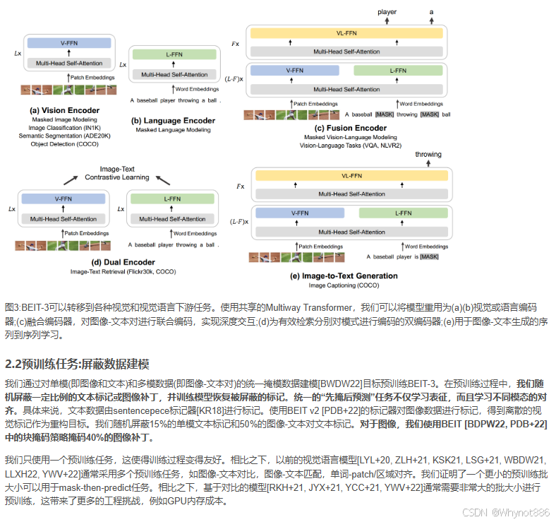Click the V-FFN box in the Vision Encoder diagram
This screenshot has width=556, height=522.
tap(69, 43)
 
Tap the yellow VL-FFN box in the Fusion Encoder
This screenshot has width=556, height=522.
tap(345, 32)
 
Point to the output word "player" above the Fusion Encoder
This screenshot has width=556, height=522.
tap(387, 12)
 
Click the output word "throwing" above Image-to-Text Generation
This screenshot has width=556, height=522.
tap(428, 155)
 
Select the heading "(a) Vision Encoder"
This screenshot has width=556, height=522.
tap(65, 110)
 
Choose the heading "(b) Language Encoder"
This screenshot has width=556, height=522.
tap(174, 121)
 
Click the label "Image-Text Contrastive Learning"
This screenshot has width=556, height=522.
tap(118, 172)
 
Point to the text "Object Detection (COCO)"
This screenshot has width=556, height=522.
tap(65, 144)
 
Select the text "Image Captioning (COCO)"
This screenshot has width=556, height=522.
tap(344, 285)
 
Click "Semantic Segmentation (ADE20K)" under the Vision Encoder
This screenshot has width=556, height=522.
tap(65, 136)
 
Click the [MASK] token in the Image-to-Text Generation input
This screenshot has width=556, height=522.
tap(428, 256)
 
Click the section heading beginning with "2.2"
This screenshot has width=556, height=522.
tap(78, 364)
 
